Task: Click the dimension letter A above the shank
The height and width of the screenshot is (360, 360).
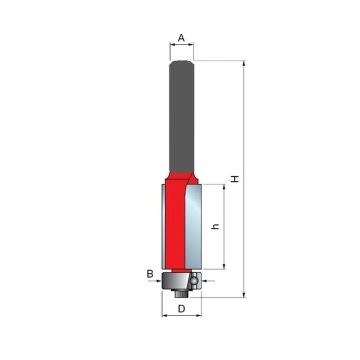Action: [x=181, y=38]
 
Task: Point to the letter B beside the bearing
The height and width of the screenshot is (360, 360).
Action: [x=149, y=271]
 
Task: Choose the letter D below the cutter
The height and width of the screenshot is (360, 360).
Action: [x=181, y=309]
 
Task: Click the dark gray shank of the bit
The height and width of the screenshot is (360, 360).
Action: [x=181, y=120]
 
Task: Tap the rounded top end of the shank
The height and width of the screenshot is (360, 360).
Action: [x=181, y=63]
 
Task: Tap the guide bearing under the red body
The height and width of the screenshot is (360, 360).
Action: [x=180, y=274]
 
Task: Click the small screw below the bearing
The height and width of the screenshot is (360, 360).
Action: [x=180, y=289]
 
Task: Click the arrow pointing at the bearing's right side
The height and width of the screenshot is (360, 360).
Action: [x=196, y=282]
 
